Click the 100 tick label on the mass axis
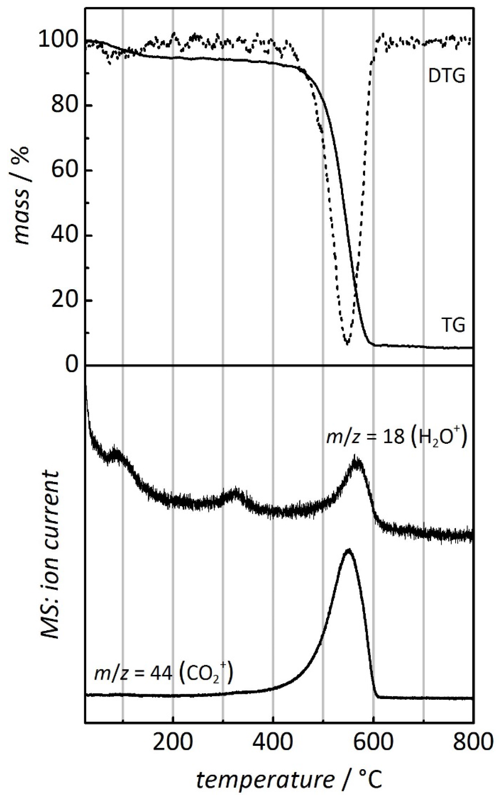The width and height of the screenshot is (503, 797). tap(59, 41)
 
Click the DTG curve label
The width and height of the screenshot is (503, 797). tap(446, 77)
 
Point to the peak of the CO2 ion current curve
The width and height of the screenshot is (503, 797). tap(348, 550)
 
